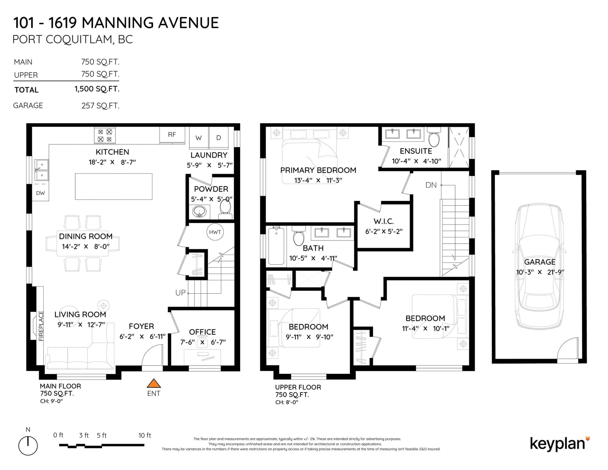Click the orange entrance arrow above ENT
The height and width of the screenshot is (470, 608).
[154, 383]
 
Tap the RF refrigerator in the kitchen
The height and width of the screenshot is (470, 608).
[172, 135]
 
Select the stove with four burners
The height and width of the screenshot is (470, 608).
[104, 135]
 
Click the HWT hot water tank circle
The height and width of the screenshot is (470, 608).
[215, 232]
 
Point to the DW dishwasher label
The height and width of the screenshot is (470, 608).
[41, 193]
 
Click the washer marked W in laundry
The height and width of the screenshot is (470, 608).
[199, 138]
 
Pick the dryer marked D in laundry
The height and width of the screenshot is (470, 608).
[219, 138]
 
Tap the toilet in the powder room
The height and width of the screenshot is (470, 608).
[225, 210]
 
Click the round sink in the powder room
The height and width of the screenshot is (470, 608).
[199, 212]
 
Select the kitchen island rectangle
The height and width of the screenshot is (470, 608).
[114, 186]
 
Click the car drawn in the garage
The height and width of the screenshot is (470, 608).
[539, 267]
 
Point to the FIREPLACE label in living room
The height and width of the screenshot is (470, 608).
[41, 326]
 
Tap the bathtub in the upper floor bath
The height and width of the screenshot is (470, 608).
[276, 246]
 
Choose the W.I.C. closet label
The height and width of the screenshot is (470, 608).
[383, 221]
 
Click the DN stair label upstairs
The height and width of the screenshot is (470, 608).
[431, 185]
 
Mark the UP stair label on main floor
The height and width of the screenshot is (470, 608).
[180, 293]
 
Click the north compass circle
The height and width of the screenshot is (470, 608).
[28, 446]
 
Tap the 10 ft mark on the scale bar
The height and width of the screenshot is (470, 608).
[144, 435]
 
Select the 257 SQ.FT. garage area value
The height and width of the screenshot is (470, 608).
[100, 106]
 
